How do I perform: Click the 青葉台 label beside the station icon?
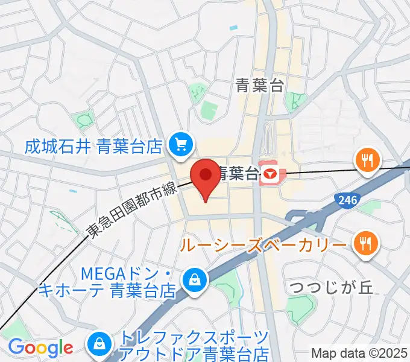[x=238, y=174]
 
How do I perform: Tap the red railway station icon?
[x=270, y=175]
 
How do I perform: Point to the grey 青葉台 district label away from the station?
[x=260, y=86]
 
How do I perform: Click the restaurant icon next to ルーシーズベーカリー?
[x=365, y=243]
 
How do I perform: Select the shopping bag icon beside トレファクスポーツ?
[x=97, y=345]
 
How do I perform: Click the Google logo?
[x=40, y=348]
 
